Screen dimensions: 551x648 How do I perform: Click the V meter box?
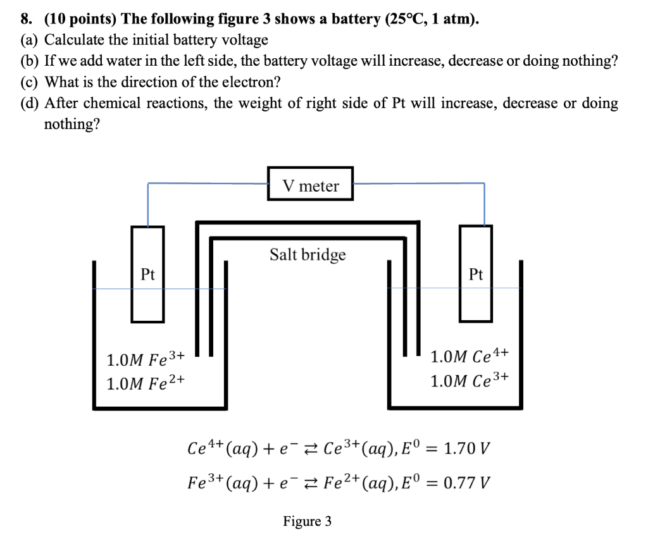[x=310, y=184]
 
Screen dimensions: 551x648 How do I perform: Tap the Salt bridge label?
[x=308, y=254]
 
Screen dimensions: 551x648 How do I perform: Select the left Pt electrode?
[x=147, y=274]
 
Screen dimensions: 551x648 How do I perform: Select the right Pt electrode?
[x=476, y=274]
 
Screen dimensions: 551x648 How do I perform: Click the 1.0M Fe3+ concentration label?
[x=146, y=360]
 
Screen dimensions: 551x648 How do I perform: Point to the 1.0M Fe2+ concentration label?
[x=146, y=383]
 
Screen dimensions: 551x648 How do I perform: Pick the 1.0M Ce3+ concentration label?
[x=469, y=381]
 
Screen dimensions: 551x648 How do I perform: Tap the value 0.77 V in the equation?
[x=466, y=484]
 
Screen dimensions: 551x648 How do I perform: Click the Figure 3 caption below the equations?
[x=307, y=521]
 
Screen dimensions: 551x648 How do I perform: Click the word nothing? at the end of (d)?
[x=72, y=123]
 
